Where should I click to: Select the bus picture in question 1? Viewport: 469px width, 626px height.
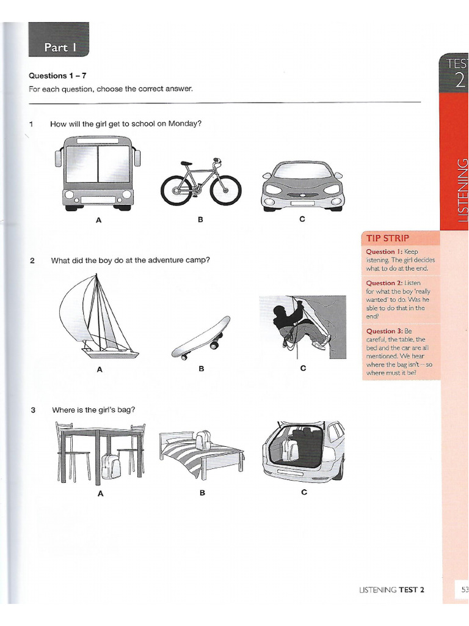(x=98, y=172)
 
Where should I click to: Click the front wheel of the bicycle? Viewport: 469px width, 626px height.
(x=225, y=190)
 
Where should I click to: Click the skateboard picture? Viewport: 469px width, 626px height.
(x=201, y=337)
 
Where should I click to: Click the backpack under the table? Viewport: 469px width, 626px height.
(x=111, y=466)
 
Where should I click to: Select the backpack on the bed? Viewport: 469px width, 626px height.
(x=203, y=439)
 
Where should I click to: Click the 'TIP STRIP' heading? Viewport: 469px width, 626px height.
(x=388, y=238)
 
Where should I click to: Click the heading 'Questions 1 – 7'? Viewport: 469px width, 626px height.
(x=57, y=76)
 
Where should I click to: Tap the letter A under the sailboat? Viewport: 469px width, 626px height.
(x=99, y=369)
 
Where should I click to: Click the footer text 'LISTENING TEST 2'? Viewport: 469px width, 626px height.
(x=391, y=589)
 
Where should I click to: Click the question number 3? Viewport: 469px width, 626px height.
(x=32, y=410)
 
